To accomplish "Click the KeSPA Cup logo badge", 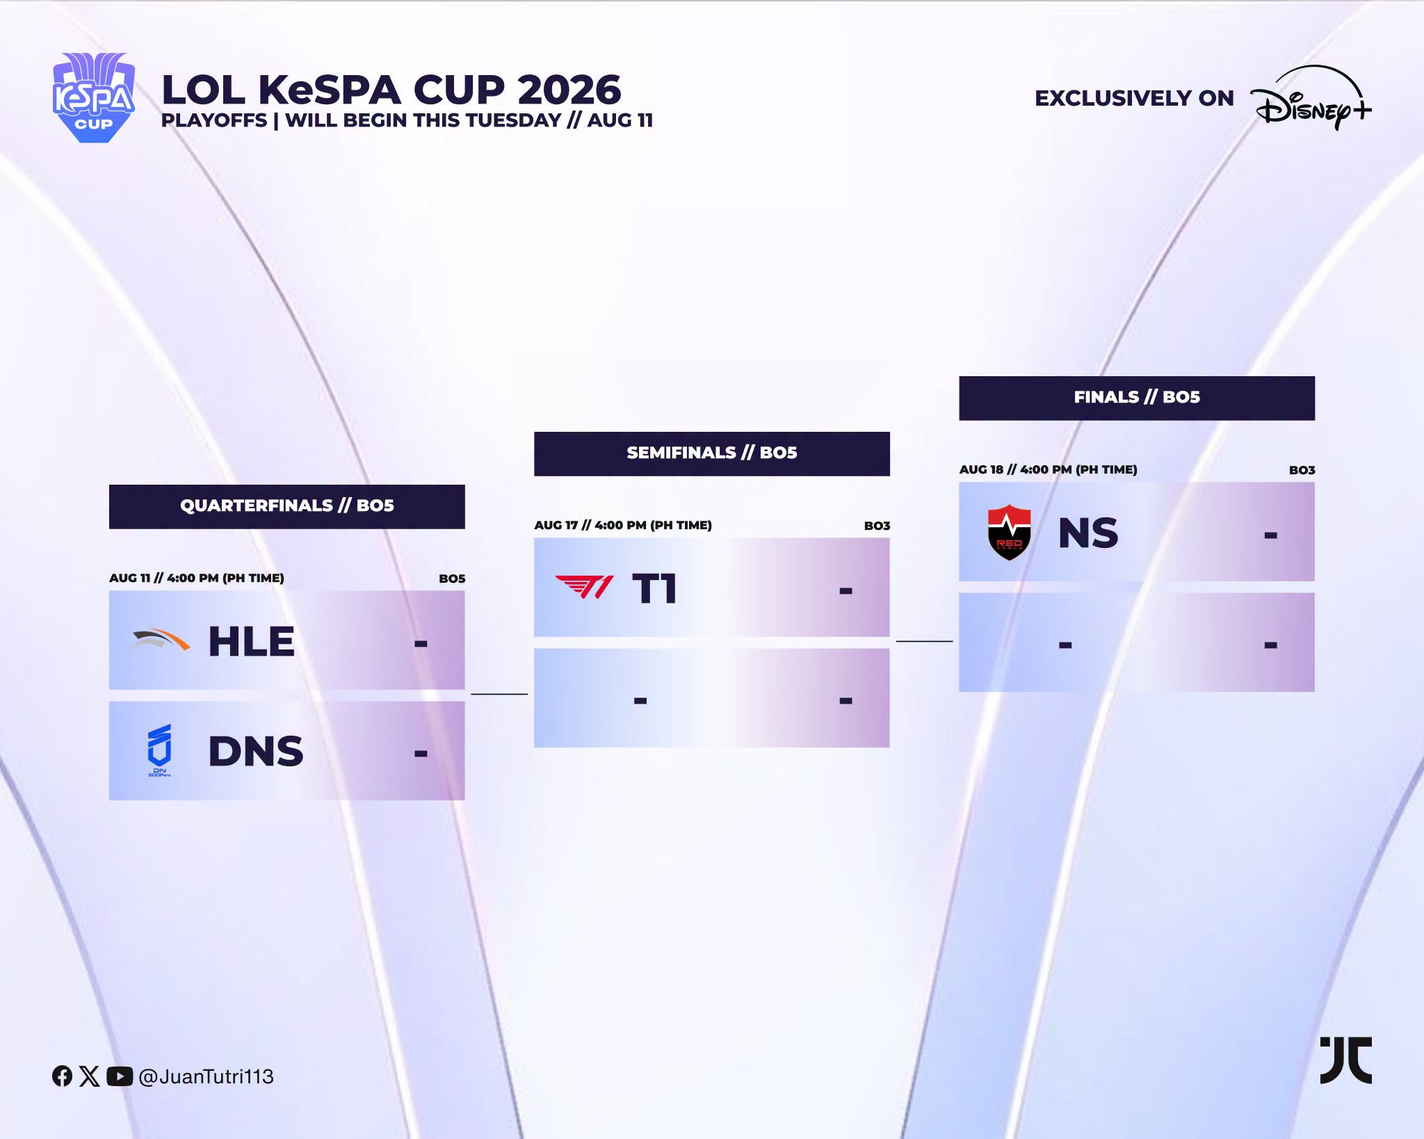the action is (x=94, y=98).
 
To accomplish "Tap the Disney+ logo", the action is (x=1311, y=98).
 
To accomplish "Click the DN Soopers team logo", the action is (x=159, y=750).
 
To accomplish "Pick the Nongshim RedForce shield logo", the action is (x=1009, y=533).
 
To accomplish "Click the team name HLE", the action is (x=252, y=641).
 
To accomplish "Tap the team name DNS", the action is (x=256, y=752).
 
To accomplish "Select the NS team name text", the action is (x=1088, y=533).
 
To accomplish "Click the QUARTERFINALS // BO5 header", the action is (x=287, y=506).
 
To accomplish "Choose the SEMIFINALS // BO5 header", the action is (x=712, y=453).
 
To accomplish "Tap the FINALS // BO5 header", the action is (x=1137, y=398).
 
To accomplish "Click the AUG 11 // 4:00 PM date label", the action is (x=197, y=578).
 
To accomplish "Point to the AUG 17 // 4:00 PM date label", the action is (x=623, y=525).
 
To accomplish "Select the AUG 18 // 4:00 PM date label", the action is (x=1049, y=469).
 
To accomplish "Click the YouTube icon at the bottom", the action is (x=120, y=1076).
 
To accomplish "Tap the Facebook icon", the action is (x=62, y=1076).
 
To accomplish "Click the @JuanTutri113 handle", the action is (x=206, y=1077).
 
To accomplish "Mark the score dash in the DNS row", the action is (x=421, y=753).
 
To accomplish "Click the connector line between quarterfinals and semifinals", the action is (x=499, y=694).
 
